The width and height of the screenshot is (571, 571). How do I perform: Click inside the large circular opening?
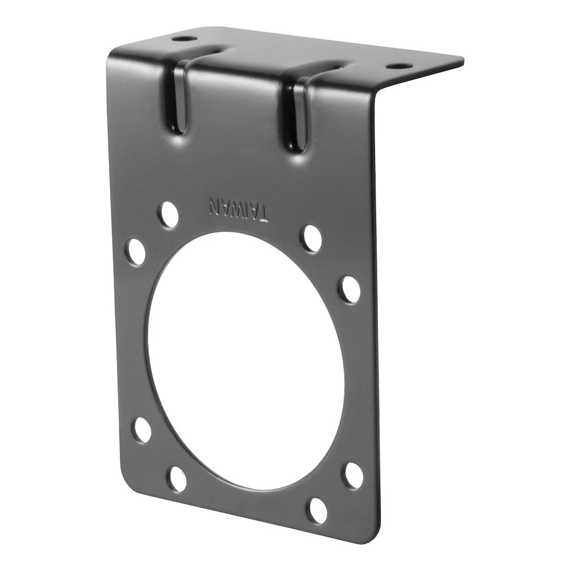point(246,360)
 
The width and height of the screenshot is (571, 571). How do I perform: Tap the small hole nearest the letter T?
point(311,238)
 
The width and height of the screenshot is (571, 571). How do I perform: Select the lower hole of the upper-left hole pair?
point(136,252)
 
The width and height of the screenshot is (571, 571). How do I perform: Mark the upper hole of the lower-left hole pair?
point(141,430)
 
